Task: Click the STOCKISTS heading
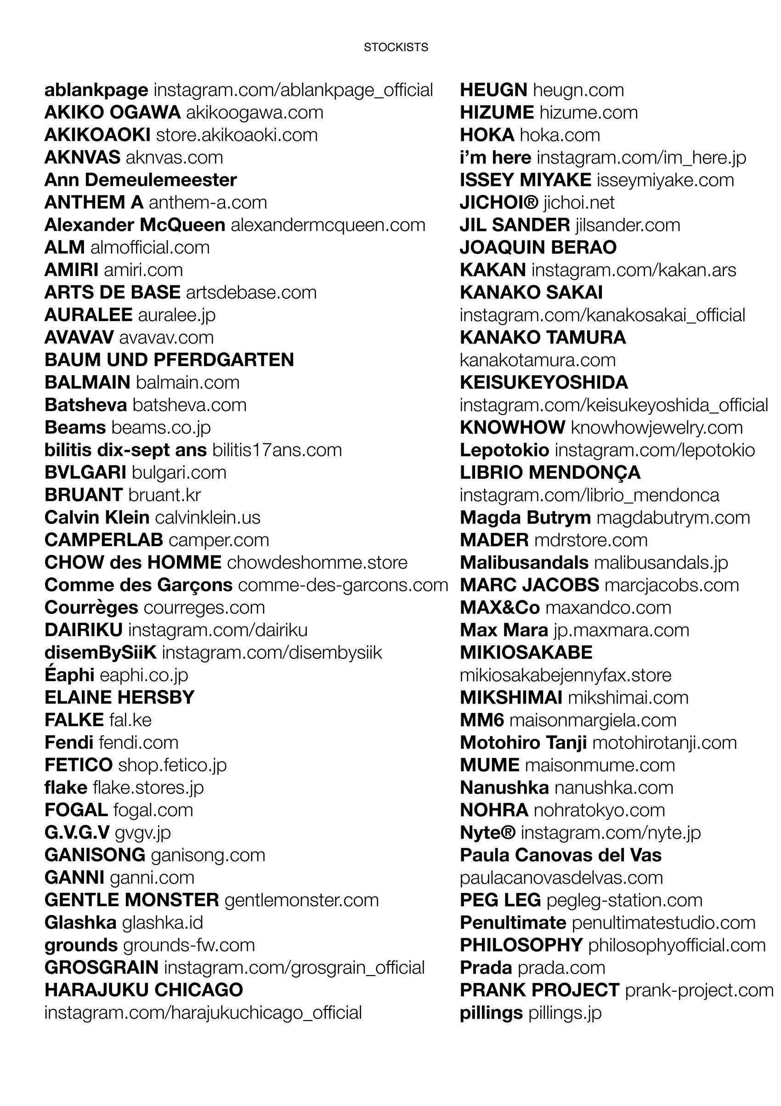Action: pyautogui.click(x=396, y=47)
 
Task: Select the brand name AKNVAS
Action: pyautogui.click(x=82, y=158)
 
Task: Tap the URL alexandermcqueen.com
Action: pyautogui.click(x=328, y=225)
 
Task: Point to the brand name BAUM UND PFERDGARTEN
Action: pyautogui.click(x=169, y=360)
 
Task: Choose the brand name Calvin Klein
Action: pyautogui.click(x=97, y=517)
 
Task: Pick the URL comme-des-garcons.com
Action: pyautogui.click(x=343, y=585)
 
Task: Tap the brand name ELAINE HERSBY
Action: pyautogui.click(x=119, y=698)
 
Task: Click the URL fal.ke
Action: pyautogui.click(x=130, y=720)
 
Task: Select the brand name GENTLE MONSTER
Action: pyautogui.click(x=131, y=900)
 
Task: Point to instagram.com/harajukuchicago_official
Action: pyautogui.click(x=203, y=1013)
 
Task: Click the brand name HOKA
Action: pyautogui.click(x=487, y=135)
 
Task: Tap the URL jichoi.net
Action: pyautogui.click(x=579, y=202)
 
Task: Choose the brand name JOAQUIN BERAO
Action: pyautogui.click(x=538, y=248)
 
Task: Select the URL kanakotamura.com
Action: pyautogui.click(x=538, y=360)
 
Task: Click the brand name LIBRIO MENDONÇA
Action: pyautogui.click(x=550, y=473)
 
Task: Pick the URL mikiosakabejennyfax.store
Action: pyautogui.click(x=565, y=675)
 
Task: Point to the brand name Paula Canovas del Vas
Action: pyautogui.click(x=561, y=855)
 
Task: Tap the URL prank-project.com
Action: pyautogui.click(x=699, y=990)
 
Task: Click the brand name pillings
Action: pyautogui.click(x=491, y=1013)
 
